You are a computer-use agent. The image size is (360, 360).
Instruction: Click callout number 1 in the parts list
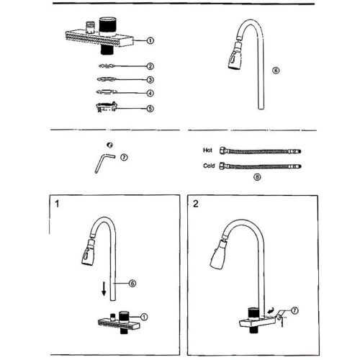(x=150, y=40)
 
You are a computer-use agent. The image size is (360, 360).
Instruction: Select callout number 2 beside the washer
(x=150, y=66)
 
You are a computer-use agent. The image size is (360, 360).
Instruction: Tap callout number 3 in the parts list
(x=150, y=80)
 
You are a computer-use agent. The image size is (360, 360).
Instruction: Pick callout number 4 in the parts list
(x=150, y=93)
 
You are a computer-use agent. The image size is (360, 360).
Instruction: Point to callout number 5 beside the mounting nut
(x=150, y=109)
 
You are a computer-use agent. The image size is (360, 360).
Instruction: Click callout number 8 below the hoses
(x=257, y=177)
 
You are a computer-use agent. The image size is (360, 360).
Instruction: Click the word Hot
(x=207, y=150)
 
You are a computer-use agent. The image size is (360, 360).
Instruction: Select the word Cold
(x=209, y=166)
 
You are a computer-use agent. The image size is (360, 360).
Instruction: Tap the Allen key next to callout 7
(x=102, y=161)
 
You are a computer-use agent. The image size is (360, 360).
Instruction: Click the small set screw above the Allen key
(x=110, y=145)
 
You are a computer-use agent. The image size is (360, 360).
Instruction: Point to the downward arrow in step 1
(x=104, y=289)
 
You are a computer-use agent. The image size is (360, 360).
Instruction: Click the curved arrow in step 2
(x=271, y=311)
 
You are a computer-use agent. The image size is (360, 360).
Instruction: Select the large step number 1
(x=57, y=204)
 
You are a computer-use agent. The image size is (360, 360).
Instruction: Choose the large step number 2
(x=196, y=204)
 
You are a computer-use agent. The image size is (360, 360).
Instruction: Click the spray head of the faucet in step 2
(x=219, y=255)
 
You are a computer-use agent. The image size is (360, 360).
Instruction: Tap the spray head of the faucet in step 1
(x=88, y=253)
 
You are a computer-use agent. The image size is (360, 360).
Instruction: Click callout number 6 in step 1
(x=132, y=283)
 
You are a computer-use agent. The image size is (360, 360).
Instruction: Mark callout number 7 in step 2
(x=294, y=310)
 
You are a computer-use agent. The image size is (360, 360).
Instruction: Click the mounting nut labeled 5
(x=107, y=107)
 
